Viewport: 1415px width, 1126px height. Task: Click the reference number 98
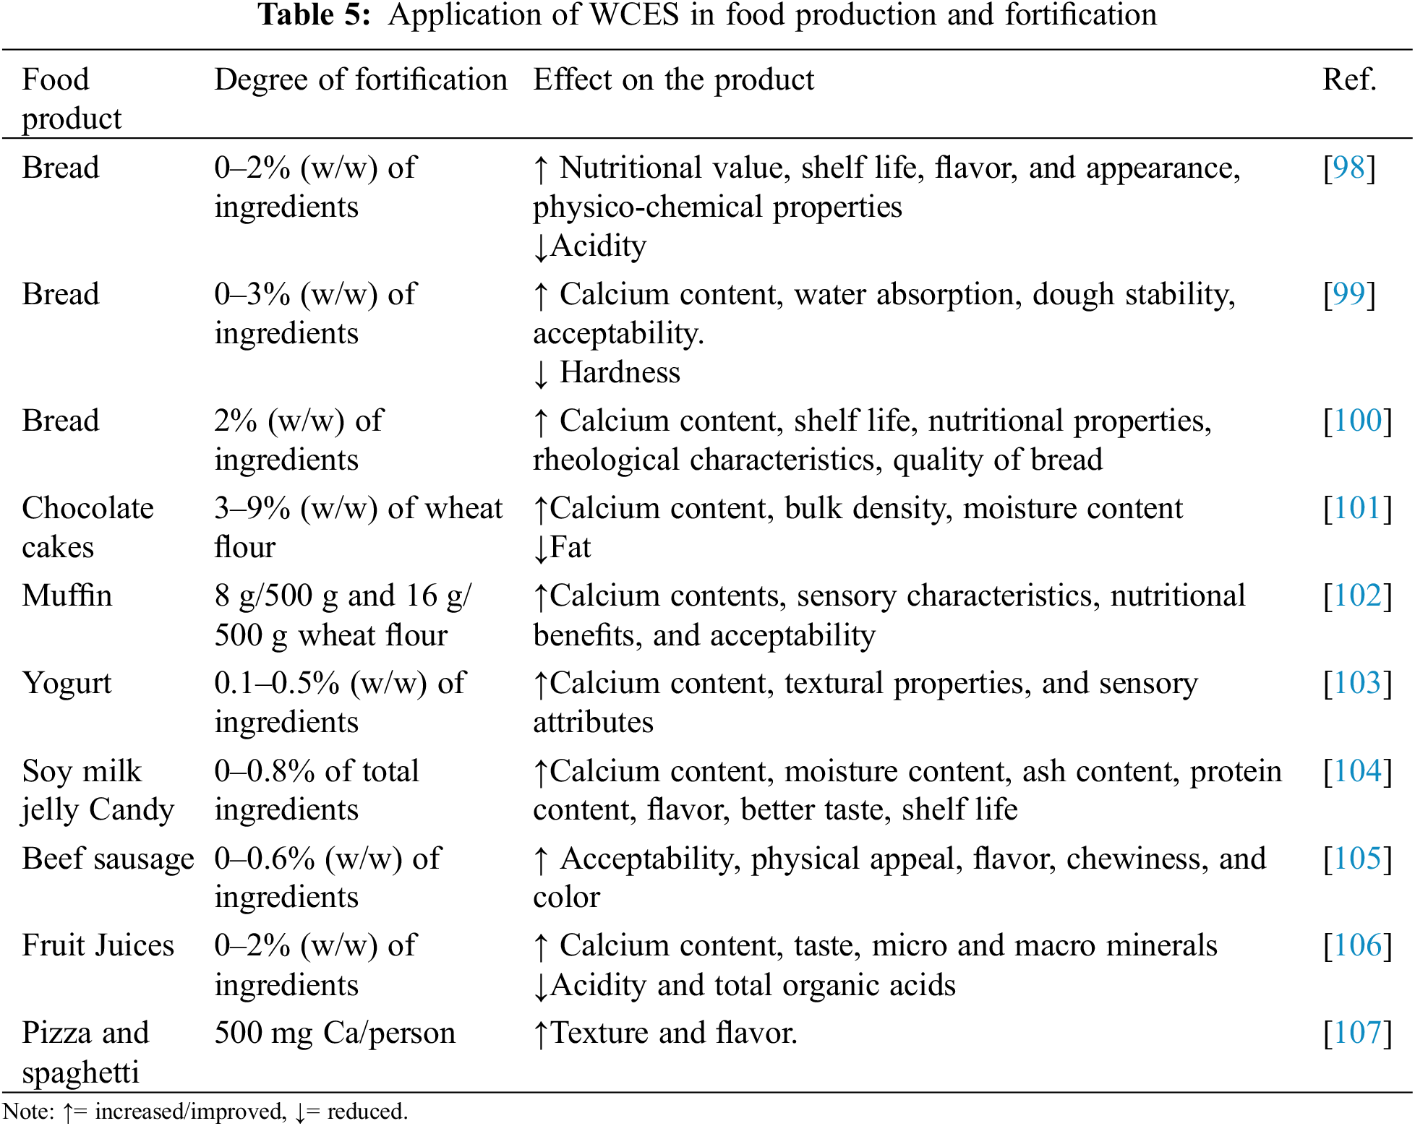[1349, 168]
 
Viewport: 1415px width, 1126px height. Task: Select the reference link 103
[1357, 684]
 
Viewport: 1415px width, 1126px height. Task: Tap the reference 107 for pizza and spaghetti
[1357, 1033]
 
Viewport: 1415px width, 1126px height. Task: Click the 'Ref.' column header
[1349, 80]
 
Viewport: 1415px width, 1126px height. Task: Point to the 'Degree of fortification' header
[361, 80]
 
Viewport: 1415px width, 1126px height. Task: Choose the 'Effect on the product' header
[673, 80]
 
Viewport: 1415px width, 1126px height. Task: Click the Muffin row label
[67, 596]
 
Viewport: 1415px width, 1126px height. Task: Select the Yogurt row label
[67, 684]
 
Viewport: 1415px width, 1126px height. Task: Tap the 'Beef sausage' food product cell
[108, 859]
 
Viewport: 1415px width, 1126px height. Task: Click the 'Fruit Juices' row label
[98, 946]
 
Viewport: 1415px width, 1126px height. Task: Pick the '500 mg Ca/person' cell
[335, 1033]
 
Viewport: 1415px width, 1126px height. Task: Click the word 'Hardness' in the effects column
[620, 373]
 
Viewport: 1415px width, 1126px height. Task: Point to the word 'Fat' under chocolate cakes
[570, 548]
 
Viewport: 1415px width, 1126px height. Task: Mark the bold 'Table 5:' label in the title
[315, 15]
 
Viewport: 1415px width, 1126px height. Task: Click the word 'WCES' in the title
[634, 15]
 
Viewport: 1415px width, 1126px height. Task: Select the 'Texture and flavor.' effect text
[673, 1033]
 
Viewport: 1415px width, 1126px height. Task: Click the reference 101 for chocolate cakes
[1357, 509]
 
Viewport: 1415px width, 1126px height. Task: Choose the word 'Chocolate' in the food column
[88, 509]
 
